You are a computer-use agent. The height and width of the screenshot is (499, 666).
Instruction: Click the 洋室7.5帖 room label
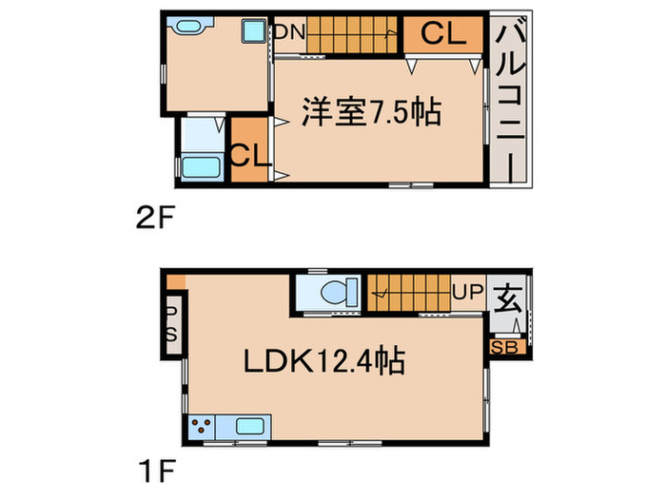371,112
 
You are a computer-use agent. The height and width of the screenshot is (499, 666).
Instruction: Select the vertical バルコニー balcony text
510,100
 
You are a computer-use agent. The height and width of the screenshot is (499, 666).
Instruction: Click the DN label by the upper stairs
289,32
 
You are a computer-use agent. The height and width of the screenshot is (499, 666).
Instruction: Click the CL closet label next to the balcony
443,35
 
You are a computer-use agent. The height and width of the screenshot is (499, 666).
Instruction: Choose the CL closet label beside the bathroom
250,152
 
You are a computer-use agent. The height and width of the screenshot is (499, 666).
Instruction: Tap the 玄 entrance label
508,296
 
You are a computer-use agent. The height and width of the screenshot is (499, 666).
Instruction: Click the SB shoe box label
503,347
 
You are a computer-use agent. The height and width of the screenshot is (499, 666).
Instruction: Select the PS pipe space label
172,323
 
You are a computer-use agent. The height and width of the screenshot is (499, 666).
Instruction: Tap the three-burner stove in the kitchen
203,428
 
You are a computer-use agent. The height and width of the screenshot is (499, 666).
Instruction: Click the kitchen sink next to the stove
251,428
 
